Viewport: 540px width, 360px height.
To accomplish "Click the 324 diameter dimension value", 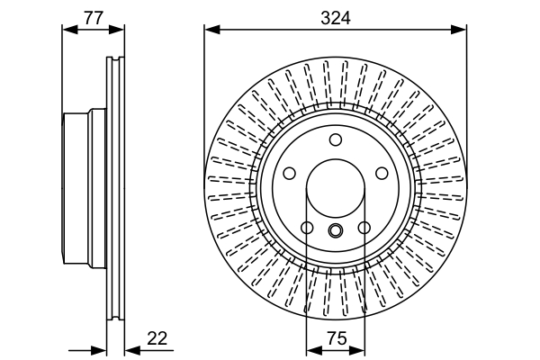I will (x=336, y=17).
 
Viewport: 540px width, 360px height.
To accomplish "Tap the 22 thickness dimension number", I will (x=157, y=338).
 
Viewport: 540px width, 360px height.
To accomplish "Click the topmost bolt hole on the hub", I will (x=336, y=139).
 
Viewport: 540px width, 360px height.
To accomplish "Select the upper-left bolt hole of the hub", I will (x=290, y=173).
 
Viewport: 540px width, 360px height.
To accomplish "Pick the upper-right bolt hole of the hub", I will (x=382, y=173).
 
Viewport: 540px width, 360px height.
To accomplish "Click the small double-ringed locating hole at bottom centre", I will (x=336, y=230).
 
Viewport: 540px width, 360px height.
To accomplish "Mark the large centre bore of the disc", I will (x=336, y=190).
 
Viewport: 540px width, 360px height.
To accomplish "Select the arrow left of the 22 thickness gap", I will (x=101, y=350).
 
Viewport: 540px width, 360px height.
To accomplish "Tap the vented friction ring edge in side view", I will (x=114, y=190).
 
